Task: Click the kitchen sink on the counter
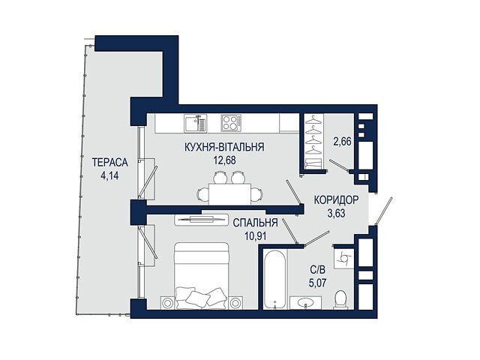point(195,123)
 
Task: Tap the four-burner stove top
point(231,123)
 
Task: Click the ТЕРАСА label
point(110,162)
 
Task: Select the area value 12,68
point(225,160)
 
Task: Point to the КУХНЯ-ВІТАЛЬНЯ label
point(224,147)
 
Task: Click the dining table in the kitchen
point(230,193)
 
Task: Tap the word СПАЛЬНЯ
point(255,223)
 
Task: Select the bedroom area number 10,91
point(255,235)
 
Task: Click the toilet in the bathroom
point(340,299)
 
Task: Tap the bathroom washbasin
point(305,302)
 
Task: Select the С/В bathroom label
point(317,270)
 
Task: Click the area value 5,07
point(317,283)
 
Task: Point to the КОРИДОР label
point(336,200)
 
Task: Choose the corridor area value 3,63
point(336,213)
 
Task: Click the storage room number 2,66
point(342,142)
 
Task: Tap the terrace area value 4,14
point(109,175)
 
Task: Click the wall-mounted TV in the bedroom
point(202,219)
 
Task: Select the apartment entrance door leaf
point(384,211)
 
